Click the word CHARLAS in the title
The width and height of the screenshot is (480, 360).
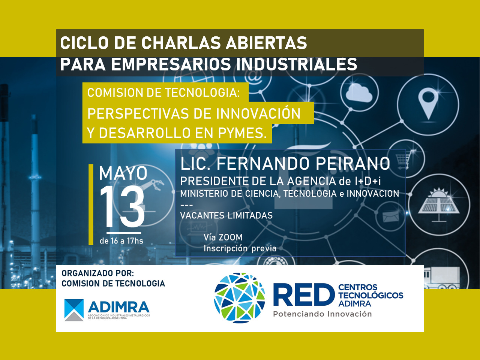tap(181, 43)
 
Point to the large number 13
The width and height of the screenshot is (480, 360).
tap(122, 207)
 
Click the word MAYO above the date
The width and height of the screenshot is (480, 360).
tap(123, 173)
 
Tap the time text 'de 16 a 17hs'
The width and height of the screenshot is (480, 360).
tap(121, 241)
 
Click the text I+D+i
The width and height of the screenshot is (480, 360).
tap(368, 181)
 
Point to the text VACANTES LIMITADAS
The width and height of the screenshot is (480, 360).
tap(226, 216)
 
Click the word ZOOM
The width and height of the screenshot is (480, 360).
tap(231, 237)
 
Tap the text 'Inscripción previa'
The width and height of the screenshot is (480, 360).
tap(240, 248)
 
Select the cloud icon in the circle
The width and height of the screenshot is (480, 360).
tap(359, 94)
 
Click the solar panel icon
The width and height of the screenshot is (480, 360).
tap(438, 204)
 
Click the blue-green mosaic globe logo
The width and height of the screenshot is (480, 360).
tap(240, 298)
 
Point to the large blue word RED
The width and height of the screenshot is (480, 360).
tap(304, 295)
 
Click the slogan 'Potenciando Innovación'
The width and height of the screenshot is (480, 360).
tap(322, 314)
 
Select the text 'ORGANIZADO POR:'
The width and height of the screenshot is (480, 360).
tap(98, 273)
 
